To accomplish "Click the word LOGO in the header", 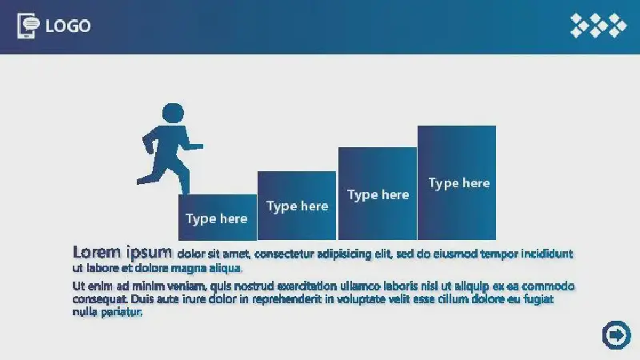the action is (68, 26).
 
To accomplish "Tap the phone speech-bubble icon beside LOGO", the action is (28, 26).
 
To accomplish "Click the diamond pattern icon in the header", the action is (598, 26).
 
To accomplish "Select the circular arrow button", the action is (616, 335).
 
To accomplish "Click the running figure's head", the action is (173, 113).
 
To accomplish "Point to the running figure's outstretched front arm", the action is (193, 146).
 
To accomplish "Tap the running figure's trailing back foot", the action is (143, 179).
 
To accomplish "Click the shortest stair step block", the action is (218, 217).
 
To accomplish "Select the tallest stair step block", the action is (457, 183).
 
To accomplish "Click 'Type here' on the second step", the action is (297, 206).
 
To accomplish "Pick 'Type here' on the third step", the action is (378, 194).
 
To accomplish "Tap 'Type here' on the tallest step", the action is (459, 183).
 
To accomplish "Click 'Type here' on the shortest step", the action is (216, 218).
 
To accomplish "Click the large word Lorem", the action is (97, 252).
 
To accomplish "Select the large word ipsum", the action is (150, 253).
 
